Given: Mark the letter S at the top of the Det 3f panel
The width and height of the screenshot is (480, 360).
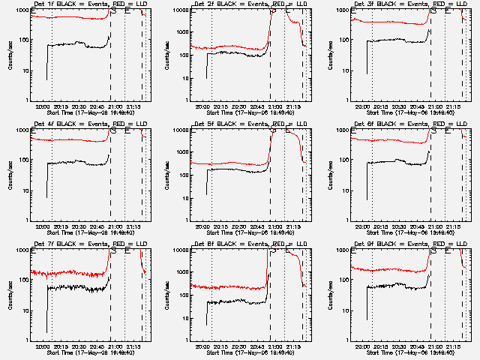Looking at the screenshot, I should click(x=433, y=11).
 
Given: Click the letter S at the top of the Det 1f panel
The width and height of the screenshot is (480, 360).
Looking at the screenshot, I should click(x=113, y=11).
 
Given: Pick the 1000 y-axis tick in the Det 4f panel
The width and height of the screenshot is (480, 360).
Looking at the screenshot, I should click(x=22, y=130).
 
